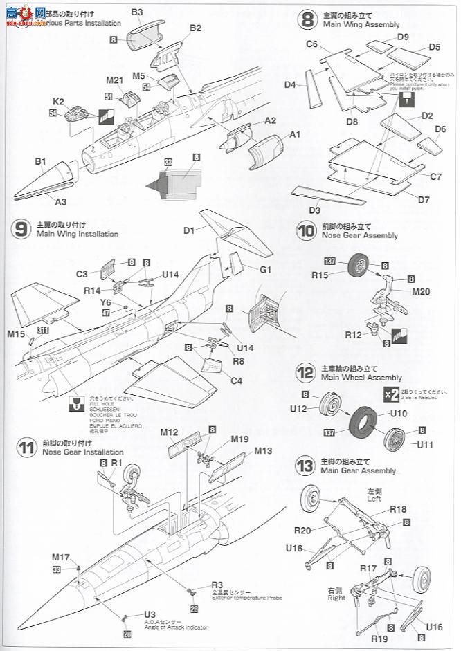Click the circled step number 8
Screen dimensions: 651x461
(307, 19)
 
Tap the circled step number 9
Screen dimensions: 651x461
(21, 229)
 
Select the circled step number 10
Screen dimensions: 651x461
(307, 230)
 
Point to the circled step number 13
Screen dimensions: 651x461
(307, 466)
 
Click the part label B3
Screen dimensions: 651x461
(136, 12)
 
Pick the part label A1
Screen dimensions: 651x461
(295, 134)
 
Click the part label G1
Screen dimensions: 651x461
(266, 269)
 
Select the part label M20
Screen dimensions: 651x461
(420, 291)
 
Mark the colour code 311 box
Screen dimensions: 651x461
(44, 329)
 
